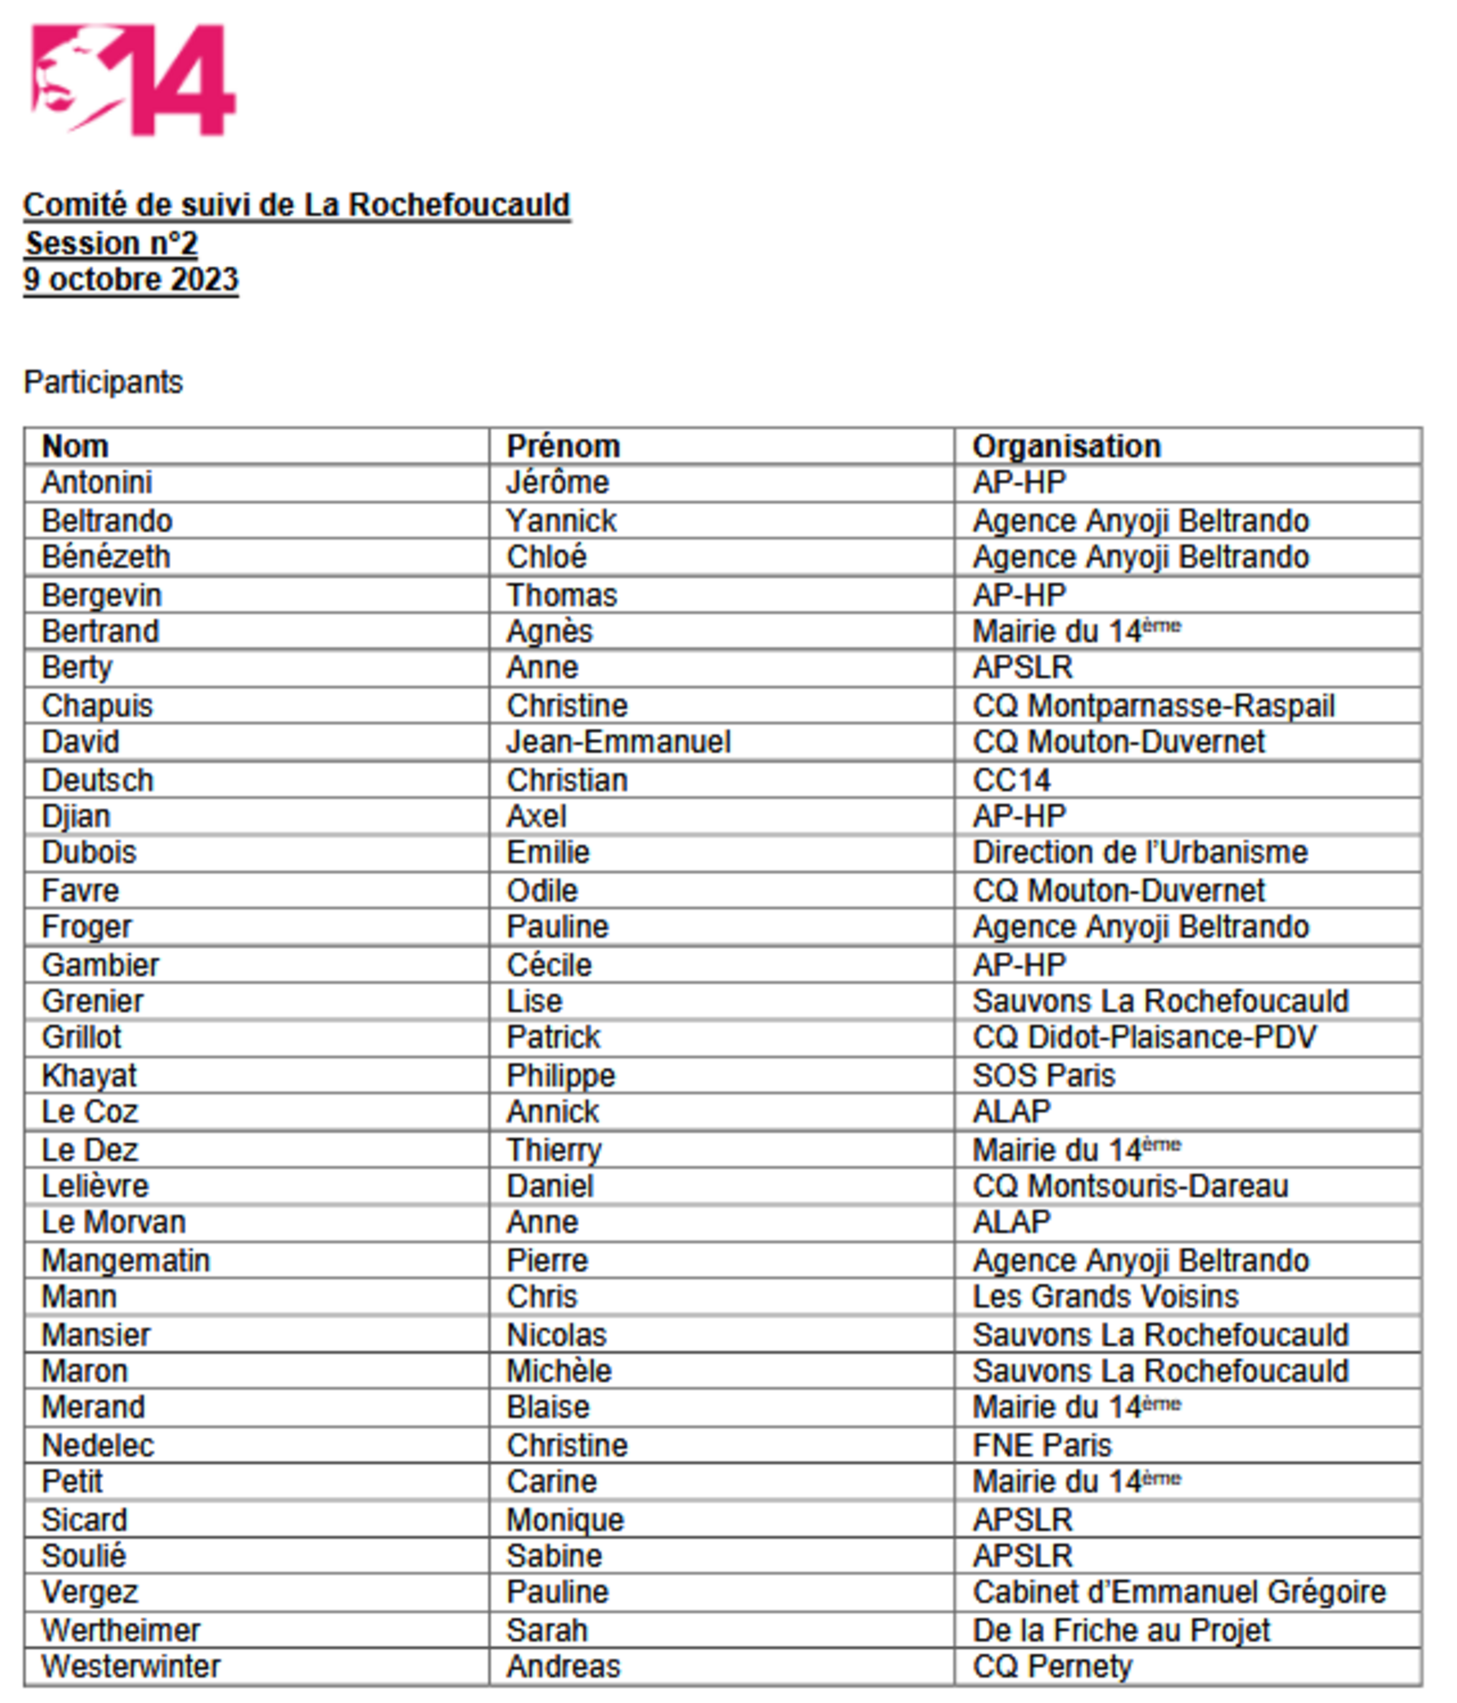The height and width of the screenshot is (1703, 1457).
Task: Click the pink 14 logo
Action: (x=133, y=79)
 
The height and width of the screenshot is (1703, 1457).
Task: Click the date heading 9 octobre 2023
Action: (x=130, y=279)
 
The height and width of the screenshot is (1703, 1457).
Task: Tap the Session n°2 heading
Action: (x=112, y=243)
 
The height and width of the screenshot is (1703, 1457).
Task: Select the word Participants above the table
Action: (x=103, y=382)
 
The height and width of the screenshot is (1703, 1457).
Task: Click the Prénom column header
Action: (x=563, y=446)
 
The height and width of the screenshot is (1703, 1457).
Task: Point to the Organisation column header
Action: (x=1066, y=446)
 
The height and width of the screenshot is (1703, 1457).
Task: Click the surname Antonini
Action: (x=97, y=483)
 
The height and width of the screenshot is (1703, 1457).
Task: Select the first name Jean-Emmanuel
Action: (x=619, y=742)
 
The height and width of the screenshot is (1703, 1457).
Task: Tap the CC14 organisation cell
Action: (x=1011, y=780)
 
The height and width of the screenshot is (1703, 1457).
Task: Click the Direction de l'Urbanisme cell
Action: (x=1140, y=852)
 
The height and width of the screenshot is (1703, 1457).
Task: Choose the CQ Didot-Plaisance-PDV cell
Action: (x=1144, y=1038)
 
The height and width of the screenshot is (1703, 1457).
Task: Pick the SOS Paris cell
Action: (x=1044, y=1075)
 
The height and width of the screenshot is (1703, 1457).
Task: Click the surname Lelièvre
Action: (x=95, y=1186)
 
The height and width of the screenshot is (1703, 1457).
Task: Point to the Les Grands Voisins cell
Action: (x=1105, y=1296)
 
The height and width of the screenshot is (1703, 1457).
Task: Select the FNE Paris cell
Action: (x=1042, y=1445)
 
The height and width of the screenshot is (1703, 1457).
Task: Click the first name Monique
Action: (x=565, y=1520)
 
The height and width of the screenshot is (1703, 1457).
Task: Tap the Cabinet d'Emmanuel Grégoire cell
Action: (x=1179, y=1592)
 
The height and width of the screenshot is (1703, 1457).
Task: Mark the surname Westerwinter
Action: (x=130, y=1666)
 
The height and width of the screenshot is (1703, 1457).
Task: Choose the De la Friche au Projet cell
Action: (x=1121, y=1630)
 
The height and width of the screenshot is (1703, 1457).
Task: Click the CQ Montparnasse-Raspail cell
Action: (x=1154, y=706)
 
